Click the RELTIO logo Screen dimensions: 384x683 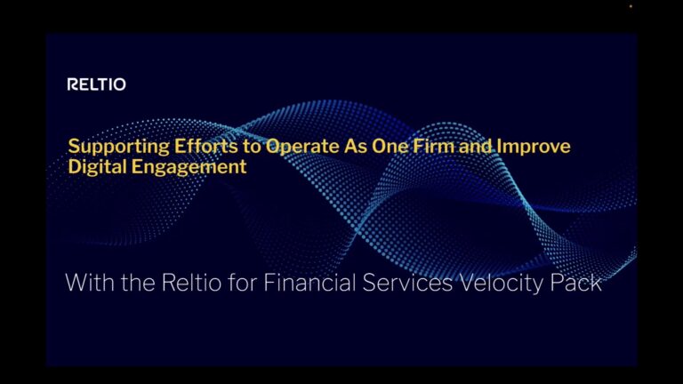(x=97, y=84)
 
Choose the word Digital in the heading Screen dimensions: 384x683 (x=97, y=166)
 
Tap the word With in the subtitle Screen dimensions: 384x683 (x=89, y=284)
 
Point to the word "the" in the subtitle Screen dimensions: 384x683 (x=137, y=284)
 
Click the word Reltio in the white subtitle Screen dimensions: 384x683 (x=189, y=284)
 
